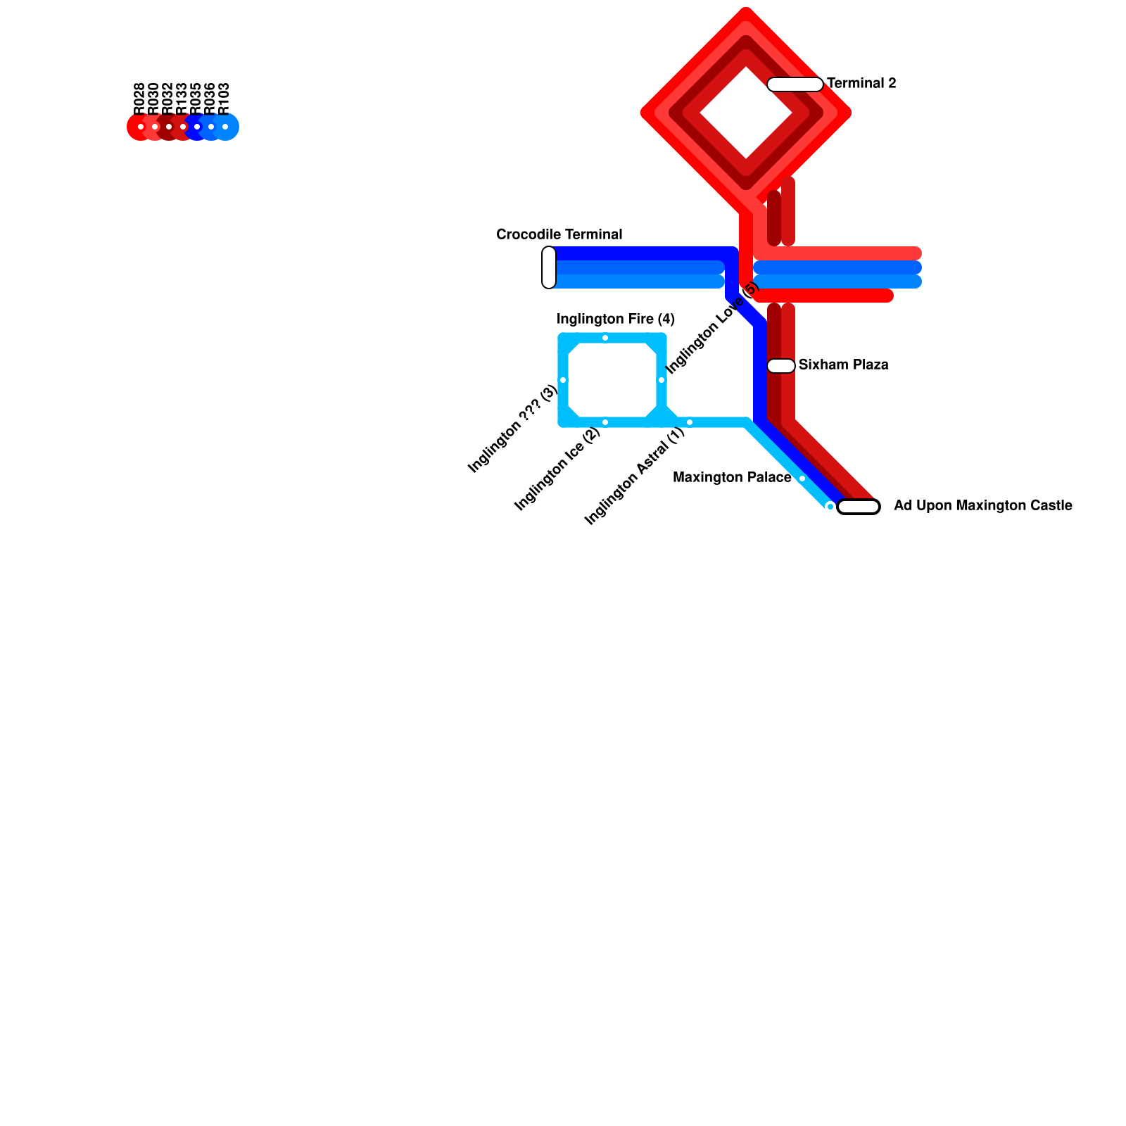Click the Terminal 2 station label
tap(861, 84)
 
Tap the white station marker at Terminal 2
tap(795, 84)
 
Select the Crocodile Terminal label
tap(559, 234)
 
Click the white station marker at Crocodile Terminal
tap(549, 267)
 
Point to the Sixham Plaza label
tap(843, 365)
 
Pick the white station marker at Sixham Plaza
tap(781, 366)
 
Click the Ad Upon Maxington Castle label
tap(982, 506)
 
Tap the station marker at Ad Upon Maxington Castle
tap(859, 507)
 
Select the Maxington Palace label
tap(732, 478)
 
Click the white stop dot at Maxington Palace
tap(802, 479)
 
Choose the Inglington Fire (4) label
tap(616, 320)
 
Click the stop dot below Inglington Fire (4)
tap(605, 338)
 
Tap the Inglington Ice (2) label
tap(557, 469)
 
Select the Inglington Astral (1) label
tap(635, 476)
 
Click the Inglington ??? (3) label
tap(512, 429)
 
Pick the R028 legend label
tap(139, 99)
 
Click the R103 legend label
tap(224, 99)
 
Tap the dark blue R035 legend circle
tap(197, 127)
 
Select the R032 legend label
tap(167, 99)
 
